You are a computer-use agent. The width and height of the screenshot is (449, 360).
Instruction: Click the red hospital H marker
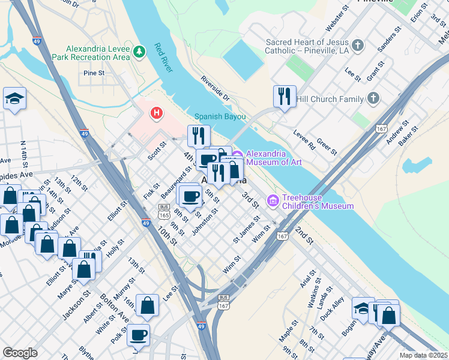point(157,112)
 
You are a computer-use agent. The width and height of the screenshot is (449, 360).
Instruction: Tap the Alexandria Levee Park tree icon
point(139,52)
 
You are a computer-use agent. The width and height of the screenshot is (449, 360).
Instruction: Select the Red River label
point(163,58)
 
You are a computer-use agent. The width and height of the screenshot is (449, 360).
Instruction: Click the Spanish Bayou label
point(217,117)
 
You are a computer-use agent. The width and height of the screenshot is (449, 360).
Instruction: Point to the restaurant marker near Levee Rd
point(283,97)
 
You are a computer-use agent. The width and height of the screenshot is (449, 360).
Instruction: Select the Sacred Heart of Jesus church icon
point(358,45)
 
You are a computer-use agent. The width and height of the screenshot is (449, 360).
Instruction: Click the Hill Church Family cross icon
point(373,98)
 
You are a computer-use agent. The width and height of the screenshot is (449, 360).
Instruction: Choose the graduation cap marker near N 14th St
point(14,99)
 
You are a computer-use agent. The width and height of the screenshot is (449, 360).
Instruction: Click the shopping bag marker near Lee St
point(147,306)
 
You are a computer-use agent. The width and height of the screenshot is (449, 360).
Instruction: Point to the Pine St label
point(94,73)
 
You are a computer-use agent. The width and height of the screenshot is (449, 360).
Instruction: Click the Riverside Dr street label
point(215,88)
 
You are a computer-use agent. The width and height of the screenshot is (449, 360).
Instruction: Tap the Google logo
point(20,353)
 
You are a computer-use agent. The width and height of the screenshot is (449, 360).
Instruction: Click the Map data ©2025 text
point(423,355)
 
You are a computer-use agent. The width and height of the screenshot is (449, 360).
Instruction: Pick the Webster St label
point(337,20)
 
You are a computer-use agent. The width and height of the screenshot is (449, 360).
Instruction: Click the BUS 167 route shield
point(223,302)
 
